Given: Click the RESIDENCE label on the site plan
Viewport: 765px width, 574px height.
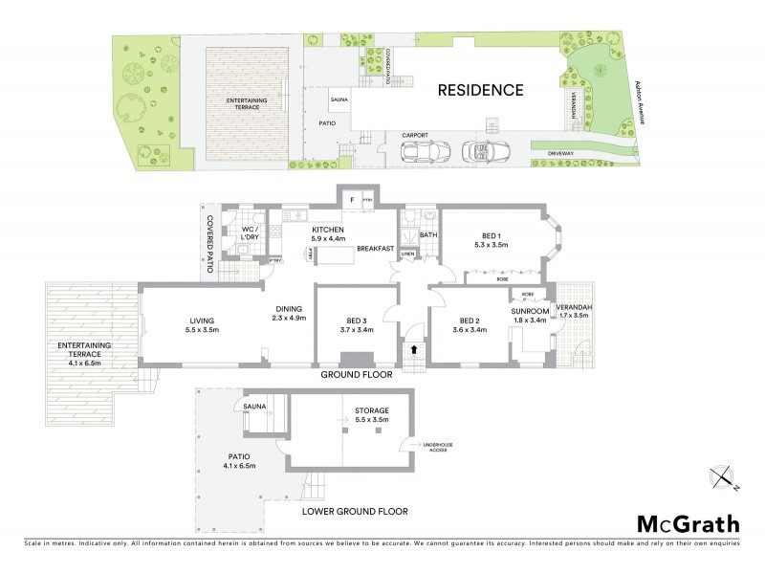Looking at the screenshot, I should pos(481,91).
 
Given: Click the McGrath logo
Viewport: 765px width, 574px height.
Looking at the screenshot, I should pos(688,523).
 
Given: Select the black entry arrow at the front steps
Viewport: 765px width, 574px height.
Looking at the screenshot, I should pos(413,350).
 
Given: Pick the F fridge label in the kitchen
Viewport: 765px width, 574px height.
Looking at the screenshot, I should pos(353,200).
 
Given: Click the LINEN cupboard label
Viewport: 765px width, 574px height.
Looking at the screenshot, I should pos(407,254).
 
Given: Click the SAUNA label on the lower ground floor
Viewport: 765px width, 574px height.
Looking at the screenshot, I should pos(255,405).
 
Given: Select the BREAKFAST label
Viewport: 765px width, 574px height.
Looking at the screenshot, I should pos(375,249).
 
